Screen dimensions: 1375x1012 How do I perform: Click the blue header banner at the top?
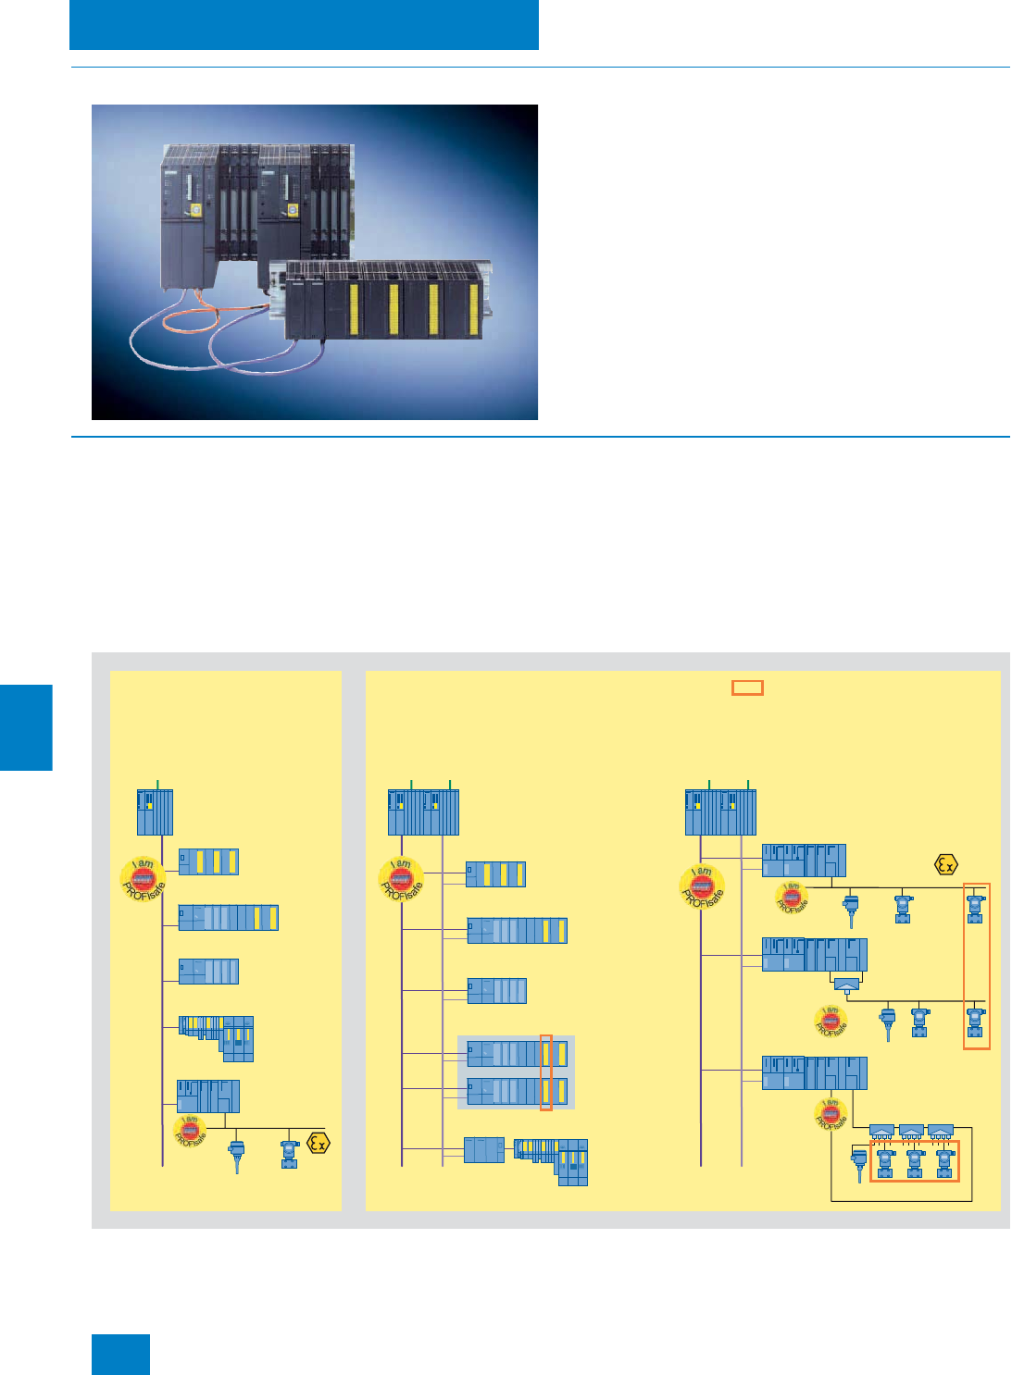304,24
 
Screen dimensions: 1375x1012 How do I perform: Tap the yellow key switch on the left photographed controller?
196,211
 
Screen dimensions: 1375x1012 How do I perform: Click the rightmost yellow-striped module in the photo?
472,310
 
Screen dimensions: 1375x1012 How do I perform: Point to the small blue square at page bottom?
120,1354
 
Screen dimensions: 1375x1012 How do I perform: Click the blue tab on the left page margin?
26,726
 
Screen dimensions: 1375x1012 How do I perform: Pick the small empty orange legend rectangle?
747,687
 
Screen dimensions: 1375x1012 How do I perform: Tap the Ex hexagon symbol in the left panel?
318,1143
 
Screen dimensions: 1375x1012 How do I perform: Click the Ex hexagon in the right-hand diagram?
945,865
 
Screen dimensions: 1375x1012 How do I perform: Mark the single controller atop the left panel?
156,812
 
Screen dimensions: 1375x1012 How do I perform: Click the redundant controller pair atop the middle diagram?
423,812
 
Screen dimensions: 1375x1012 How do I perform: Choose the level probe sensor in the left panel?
238,1156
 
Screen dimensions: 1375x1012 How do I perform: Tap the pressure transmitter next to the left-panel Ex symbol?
290,1153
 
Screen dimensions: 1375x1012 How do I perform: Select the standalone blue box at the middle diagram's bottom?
483,1149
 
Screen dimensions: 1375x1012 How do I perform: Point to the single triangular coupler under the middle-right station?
846,985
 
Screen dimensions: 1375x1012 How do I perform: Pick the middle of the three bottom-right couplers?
911,1131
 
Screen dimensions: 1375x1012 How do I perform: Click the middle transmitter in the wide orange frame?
915,1163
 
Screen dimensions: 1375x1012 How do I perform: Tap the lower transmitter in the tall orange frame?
975,1022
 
